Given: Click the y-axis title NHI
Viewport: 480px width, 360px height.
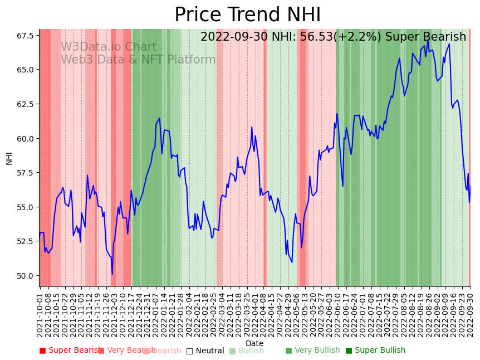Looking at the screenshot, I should (x=9, y=158).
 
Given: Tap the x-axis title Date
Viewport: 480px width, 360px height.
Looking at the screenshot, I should (x=254, y=343).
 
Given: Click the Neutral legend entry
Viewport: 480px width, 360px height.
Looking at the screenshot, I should (x=206, y=351).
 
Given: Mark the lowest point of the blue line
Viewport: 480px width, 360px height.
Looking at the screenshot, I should (x=112, y=274).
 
